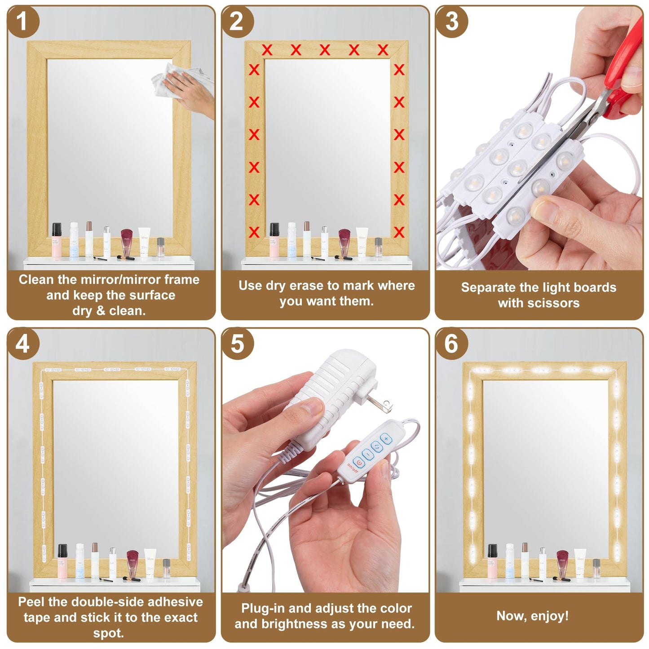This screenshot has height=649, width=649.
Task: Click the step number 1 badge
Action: click(x=22, y=22)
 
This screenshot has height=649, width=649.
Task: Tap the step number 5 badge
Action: click(x=237, y=344)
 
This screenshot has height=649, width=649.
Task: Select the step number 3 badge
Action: click(x=451, y=22)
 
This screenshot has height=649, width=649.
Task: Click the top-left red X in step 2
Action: click(x=267, y=50)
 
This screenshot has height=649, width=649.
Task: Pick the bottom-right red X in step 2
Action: click(x=399, y=232)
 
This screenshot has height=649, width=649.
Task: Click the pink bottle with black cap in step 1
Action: click(x=57, y=240)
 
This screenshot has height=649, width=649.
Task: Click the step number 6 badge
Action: click(x=451, y=344)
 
